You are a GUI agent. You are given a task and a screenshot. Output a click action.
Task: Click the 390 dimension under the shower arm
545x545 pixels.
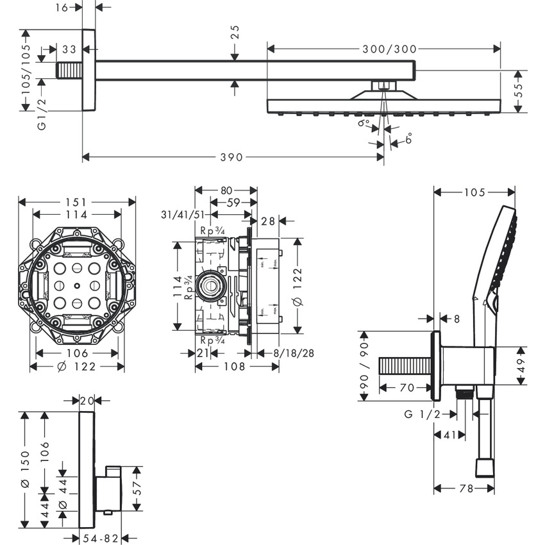(x=232, y=157)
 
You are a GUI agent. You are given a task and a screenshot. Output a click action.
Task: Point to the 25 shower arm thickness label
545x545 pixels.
(x=235, y=33)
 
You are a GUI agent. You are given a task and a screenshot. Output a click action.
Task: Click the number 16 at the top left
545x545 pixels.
(x=62, y=7)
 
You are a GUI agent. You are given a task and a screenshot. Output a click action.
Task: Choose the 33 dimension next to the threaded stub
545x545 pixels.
(x=69, y=49)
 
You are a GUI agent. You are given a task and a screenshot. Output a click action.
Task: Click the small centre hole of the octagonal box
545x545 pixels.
(x=77, y=286)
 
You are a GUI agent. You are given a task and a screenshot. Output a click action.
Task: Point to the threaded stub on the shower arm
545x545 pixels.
(x=69, y=70)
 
